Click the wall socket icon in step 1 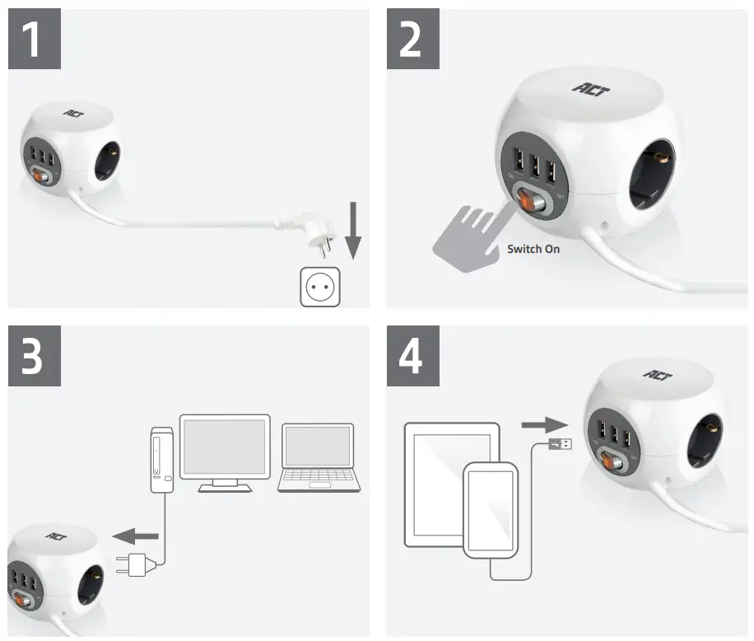[319, 286]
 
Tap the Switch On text [533, 248]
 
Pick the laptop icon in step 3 [318, 458]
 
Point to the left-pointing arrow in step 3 [134, 537]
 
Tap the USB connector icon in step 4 [562, 445]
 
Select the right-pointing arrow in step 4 [544, 425]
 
